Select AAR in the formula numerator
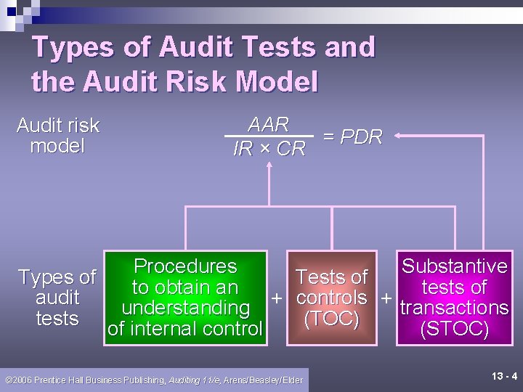pos(268,124)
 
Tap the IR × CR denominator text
pos(269,149)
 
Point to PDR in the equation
pos(361,137)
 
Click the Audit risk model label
pos(57,136)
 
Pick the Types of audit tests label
pos(57,298)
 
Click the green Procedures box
pos(185,298)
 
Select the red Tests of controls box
pos(331,298)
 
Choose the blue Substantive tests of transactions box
pos(454,298)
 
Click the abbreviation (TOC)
pos(331,319)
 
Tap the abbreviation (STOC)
pos(454,329)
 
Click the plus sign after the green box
pos(276,298)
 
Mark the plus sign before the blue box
pos(386,298)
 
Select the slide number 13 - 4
pos(504,376)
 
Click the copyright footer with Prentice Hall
pos(153,380)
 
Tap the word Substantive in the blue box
pos(454,266)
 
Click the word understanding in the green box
pos(186,308)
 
